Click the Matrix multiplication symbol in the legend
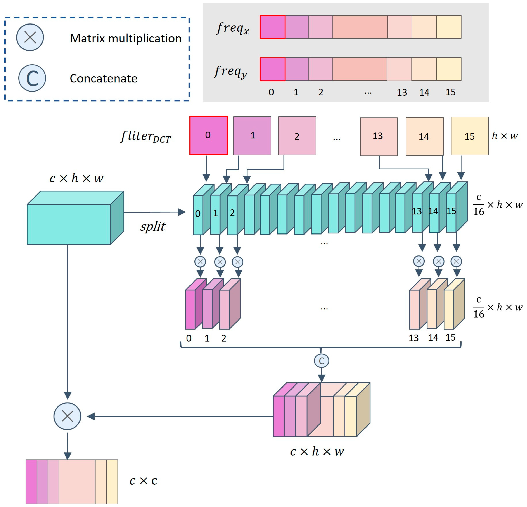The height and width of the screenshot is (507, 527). click(30, 37)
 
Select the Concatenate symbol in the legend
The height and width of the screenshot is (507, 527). click(32, 78)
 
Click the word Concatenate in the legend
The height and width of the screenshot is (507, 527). click(103, 78)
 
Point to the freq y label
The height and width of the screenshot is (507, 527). click(231, 71)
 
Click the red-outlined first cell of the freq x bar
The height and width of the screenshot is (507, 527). click(272, 27)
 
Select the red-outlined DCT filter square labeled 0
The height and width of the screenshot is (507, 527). click(209, 135)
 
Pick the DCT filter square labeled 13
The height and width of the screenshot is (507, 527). click(379, 136)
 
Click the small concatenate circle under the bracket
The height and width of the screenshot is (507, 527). click(321, 361)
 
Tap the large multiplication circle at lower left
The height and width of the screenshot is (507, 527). click(67, 416)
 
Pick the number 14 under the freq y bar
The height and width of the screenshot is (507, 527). click(424, 92)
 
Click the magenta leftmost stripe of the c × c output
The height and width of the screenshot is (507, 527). click(31, 482)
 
